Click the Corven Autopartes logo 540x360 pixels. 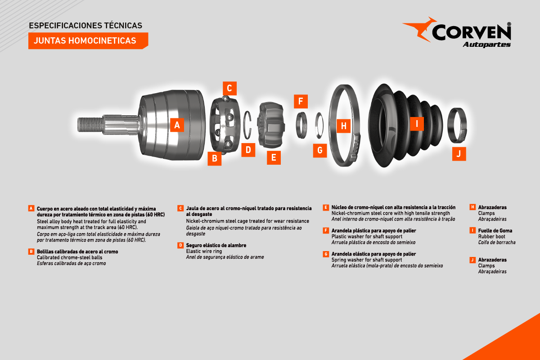tap(457, 32)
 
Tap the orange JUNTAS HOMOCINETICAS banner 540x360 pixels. tap(88, 41)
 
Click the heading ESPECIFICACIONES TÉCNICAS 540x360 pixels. tap(85, 26)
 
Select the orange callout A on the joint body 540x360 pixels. tap(177, 125)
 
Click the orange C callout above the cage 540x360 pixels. tap(229, 88)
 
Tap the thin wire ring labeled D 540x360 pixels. tap(247, 125)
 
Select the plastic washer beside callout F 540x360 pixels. tap(301, 125)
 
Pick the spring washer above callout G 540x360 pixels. tap(319, 126)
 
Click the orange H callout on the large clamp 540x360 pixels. tap(343, 126)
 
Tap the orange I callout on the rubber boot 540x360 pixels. tap(417, 124)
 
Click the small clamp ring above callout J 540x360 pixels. tap(457, 126)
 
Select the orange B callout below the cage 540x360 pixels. tap(215, 158)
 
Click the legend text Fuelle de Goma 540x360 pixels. tap(495, 230)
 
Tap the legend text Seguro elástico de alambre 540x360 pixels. tap(216, 245)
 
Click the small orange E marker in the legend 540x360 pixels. tap(326, 207)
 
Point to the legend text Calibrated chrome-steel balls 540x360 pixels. tap(69, 257)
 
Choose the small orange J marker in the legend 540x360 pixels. tap(472, 260)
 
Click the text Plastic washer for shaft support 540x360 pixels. tap(367, 237)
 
